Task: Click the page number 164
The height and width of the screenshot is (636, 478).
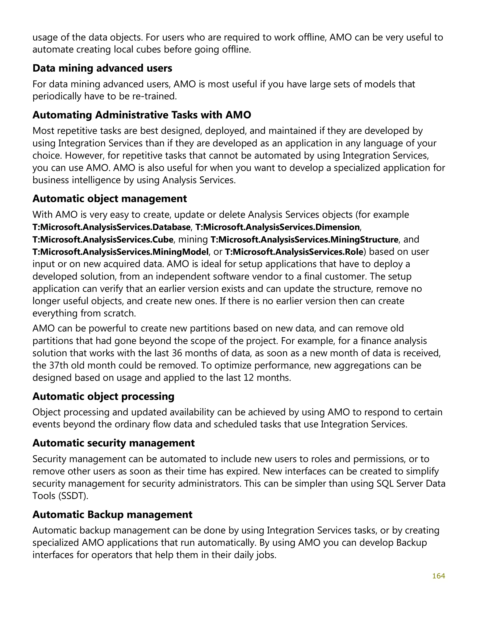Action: pyautogui.click(x=438, y=576)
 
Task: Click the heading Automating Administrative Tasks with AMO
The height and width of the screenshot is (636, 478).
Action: pyautogui.click(x=141, y=115)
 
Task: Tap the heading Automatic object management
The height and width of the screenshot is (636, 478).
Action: pyautogui.click(x=109, y=199)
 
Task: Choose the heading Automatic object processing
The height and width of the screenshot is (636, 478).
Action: pyautogui.click(x=103, y=396)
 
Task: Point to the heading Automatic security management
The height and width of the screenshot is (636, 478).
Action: pyautogui.click(x=113, y=443)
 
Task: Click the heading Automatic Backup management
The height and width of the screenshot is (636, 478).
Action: pyautogui.click(x=112, y=514)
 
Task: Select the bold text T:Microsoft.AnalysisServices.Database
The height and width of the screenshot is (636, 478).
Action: pyautogui.click(x=111, y=227)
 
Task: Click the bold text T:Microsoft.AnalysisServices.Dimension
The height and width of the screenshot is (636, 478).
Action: pyautogui.click(x=277, y=227)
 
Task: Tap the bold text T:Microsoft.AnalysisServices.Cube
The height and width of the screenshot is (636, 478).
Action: pyautogui.click(x=103, y=240)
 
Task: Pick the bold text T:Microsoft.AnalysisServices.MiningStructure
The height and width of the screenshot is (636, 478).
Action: pyautogui.click(x=304, y=240)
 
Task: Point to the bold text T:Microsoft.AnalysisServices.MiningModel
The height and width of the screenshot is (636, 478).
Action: pyautogui.click(x=120, y=252)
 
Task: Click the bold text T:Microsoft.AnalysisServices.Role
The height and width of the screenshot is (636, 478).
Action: pyautogui.click(x=294, y=252)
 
